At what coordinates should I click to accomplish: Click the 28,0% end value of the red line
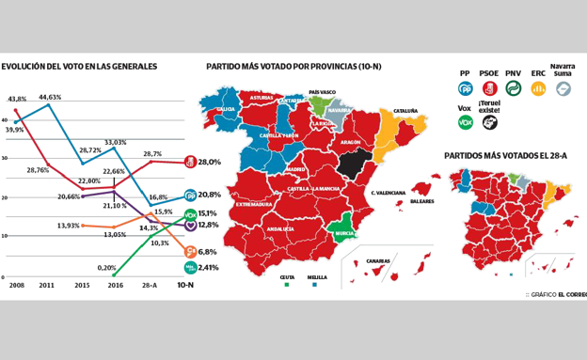pos(209,162)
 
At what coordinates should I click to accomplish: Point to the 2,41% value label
pos(208,268)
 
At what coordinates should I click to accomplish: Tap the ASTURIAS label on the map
pos(262,98)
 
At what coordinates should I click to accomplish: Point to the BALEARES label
pos(421,201)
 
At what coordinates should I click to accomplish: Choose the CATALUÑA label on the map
pos(405,110)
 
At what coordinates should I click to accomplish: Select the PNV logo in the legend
pos(514,88)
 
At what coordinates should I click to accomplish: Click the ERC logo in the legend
pos(538,88)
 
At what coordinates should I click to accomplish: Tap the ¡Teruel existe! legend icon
pos(489,122)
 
